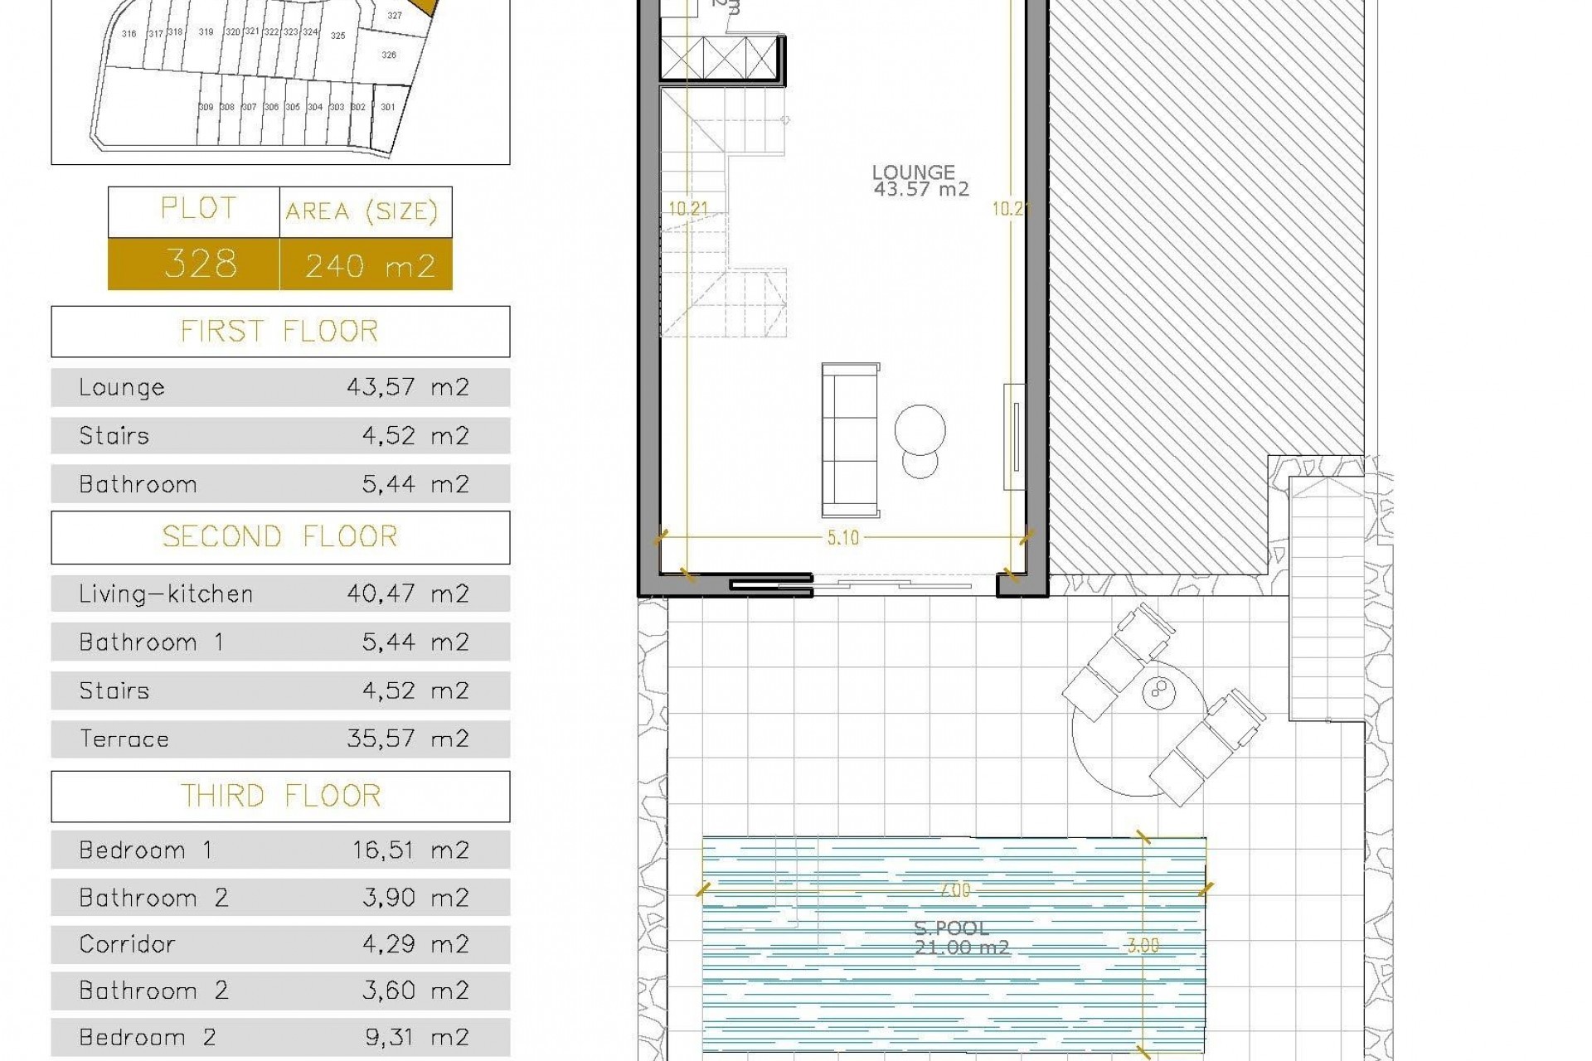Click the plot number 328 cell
[x=200, y=264]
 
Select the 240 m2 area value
[x=369, y=266]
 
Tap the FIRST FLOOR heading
[x=280, y=332]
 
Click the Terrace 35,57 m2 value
[x=407, y=739]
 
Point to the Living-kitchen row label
[x=165, y=594]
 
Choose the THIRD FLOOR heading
[x=280, y=797]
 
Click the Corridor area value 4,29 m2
[x=415, y=944]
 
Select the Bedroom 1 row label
[x=145, y=850]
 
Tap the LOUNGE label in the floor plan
[x=913, y=173]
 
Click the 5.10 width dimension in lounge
[x=842, y=538]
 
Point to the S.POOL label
[x=951, y=928]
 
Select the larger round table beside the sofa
[x=920, y=429]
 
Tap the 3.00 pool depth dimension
[x=1143, y=946]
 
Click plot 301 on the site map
[x=388, y=107]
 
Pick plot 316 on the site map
[x=129, y=34]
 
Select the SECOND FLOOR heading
[x=280, y=537]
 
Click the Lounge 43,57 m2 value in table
[x=407, y=388]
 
